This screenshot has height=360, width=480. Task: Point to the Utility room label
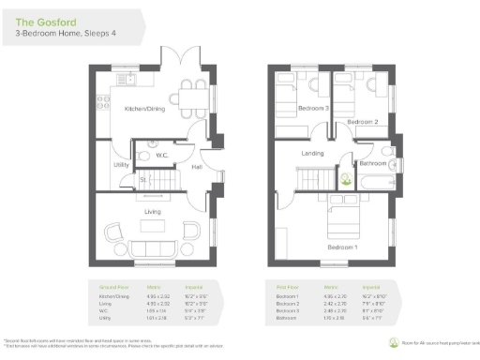tap(121, 165)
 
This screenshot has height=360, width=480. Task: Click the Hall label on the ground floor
tap(197, 167)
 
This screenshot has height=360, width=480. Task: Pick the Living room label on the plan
tap(152, 212)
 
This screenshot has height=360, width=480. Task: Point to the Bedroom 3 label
tap(313, 109)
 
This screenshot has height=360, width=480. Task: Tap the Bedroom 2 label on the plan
tap(362, 122)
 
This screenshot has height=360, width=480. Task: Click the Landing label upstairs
tap(312, 153)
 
